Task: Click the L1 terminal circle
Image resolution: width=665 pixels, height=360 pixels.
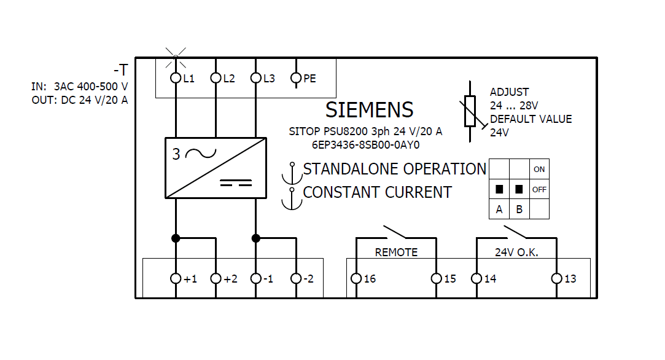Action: click(176, 78)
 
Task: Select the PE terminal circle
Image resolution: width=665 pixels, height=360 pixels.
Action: click(296, 78)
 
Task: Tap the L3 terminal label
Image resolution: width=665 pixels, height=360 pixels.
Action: click(269, 79)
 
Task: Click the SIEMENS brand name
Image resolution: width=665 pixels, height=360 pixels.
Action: click(369, 110)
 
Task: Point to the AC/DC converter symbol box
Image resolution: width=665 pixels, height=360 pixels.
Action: click(216, 168)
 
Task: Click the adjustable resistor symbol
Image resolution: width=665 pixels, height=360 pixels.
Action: click(470, 111)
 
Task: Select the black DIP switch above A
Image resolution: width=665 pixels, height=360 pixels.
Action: click(499, 189)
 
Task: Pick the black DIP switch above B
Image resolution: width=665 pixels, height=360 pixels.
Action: click(519, 189)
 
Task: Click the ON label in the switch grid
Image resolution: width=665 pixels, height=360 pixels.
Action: click(539, 169)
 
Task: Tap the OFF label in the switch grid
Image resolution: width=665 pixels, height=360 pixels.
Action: click(539, 189)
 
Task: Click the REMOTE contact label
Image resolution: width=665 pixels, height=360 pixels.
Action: click(396, 252)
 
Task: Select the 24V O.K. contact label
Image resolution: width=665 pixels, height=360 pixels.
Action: click(516, 252)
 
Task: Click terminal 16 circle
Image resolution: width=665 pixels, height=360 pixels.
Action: click(356, 278)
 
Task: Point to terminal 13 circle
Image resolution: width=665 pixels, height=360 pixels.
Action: click(556, 278)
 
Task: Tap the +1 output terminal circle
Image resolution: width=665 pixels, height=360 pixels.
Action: click(176, 278)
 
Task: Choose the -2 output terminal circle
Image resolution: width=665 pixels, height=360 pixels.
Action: click(296, 278)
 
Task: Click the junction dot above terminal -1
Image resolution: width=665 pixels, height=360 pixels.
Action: click(256, 238)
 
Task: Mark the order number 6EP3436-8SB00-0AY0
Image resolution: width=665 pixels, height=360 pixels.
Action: click(365, 145)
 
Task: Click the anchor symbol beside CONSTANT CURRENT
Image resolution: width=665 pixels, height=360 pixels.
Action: click(292, 198)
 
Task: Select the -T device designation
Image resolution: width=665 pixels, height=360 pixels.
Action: click(120, 69)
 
